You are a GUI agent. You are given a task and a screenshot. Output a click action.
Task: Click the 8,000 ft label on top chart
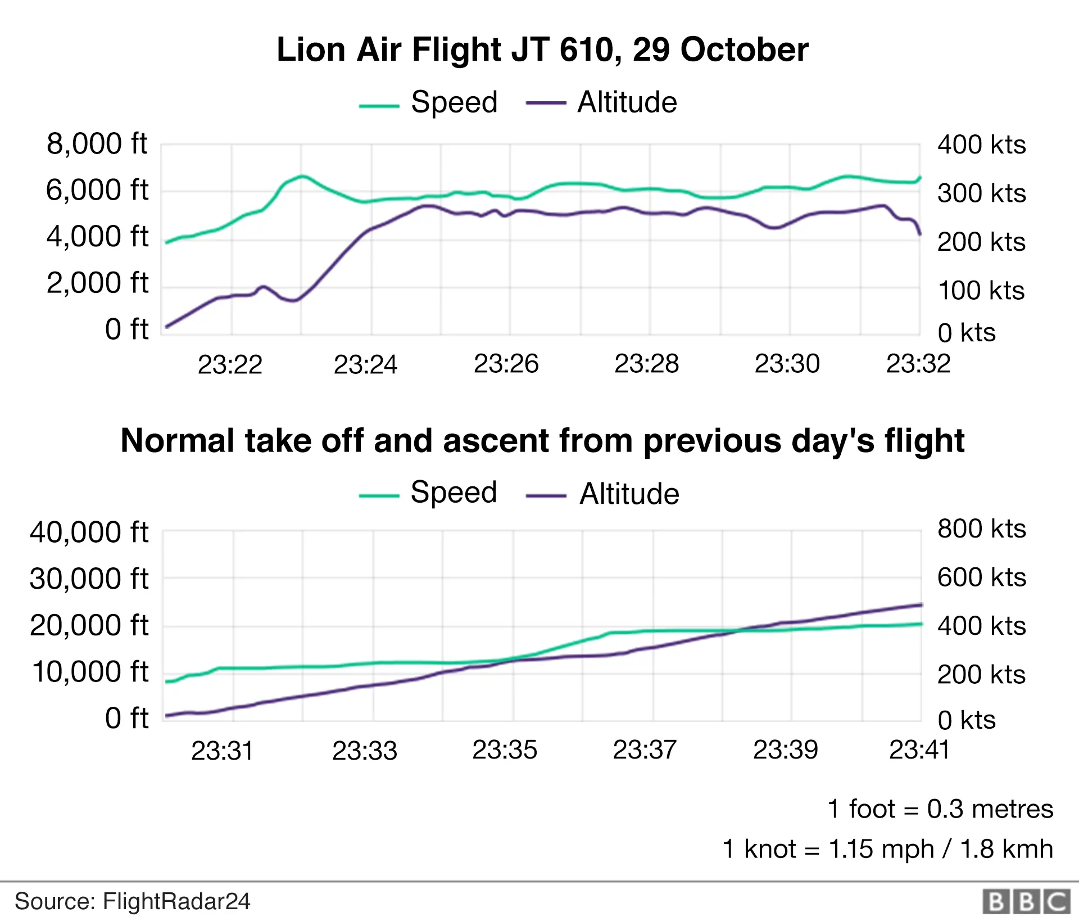(97, 144)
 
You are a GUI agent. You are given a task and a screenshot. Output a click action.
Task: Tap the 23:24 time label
(365, 364)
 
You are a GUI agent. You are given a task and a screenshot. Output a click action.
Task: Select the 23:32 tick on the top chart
(918, 364)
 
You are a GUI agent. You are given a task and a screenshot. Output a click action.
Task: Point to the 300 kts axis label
(981, 193)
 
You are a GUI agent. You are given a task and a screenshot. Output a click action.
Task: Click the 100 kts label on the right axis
(981, 291)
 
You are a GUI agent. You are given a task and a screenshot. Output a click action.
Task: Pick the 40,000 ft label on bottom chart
(89, 532)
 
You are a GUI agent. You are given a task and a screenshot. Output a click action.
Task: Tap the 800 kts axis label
(981, 529)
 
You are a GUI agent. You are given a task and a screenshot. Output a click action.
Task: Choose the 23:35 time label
(505, 750)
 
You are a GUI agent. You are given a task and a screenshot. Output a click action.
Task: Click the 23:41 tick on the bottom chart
(919, 750)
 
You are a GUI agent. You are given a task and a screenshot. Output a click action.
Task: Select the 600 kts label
(981, 577)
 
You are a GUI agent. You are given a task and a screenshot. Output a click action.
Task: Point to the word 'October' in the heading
(744, 49)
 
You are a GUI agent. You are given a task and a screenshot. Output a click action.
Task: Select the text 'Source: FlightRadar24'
(132, 901)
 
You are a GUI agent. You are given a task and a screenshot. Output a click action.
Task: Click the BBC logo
(1026, 901)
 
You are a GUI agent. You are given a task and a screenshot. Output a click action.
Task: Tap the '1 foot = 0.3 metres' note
(940, 809)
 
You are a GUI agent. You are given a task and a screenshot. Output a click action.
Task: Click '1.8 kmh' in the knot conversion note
(1006, 849)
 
